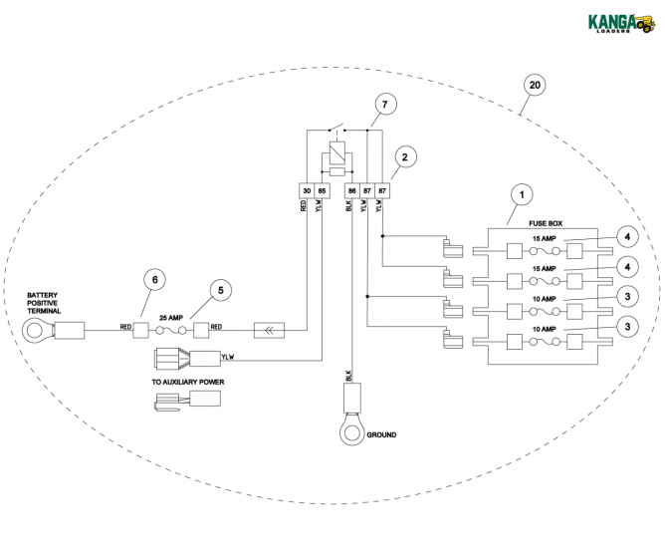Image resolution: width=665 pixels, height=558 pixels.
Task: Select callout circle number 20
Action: tap(535, 87)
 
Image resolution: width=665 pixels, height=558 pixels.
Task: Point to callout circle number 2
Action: tap(403, 157)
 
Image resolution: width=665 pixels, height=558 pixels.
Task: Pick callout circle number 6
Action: tap(155, 282)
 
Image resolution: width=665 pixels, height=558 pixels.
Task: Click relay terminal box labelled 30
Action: tap(306, 190)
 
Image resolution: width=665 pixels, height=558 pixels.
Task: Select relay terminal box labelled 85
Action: tap(322, 190)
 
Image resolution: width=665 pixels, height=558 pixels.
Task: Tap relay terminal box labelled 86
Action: tap(351, 190)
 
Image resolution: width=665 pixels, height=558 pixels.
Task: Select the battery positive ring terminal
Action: tap(39, 327)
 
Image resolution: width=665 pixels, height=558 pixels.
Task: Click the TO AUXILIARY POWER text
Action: tap(187, 382)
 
